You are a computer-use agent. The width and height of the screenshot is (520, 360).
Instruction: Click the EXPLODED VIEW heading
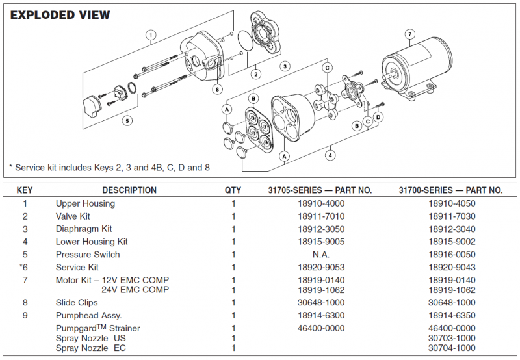coord(60,14)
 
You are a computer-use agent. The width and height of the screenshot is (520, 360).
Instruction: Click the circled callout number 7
coord(409,34)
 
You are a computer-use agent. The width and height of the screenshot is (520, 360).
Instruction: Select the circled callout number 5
coord(127,120)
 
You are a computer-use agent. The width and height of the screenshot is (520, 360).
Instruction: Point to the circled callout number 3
coord(285,66)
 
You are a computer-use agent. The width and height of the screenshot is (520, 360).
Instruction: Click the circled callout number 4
coord(330,155)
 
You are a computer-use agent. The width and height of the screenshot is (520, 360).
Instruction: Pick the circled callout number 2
coord(256,74)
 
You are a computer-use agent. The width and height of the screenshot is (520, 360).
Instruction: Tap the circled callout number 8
coord(217,88)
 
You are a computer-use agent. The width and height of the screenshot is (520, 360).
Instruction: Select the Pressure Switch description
coord(88,255)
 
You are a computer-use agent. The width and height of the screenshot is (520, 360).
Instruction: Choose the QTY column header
coord(233,190)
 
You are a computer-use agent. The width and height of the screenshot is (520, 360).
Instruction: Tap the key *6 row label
coord(25,267)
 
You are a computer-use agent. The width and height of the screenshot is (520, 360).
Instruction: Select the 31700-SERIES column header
coord(450,190)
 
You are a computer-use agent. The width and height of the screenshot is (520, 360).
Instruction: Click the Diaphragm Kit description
coord(84,229)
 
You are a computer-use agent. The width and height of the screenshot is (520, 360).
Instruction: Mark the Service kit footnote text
coord(109,167)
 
